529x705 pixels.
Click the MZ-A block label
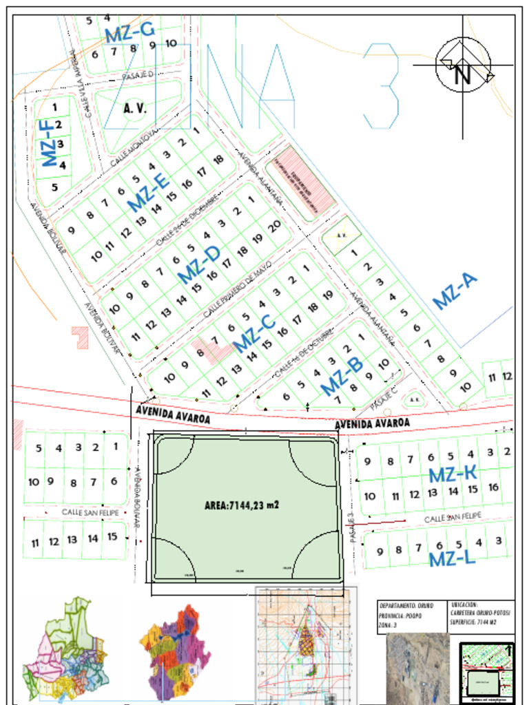455,291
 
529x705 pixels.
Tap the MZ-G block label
129,32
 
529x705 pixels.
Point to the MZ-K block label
453,474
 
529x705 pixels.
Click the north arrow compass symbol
463,66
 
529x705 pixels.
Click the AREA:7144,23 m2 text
242,505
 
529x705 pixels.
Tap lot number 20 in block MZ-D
274,226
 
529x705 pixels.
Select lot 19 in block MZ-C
328,295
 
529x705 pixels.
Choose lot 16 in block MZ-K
493,487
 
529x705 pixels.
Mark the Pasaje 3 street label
351,527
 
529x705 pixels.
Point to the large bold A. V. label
136,108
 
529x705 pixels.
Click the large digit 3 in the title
382,85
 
